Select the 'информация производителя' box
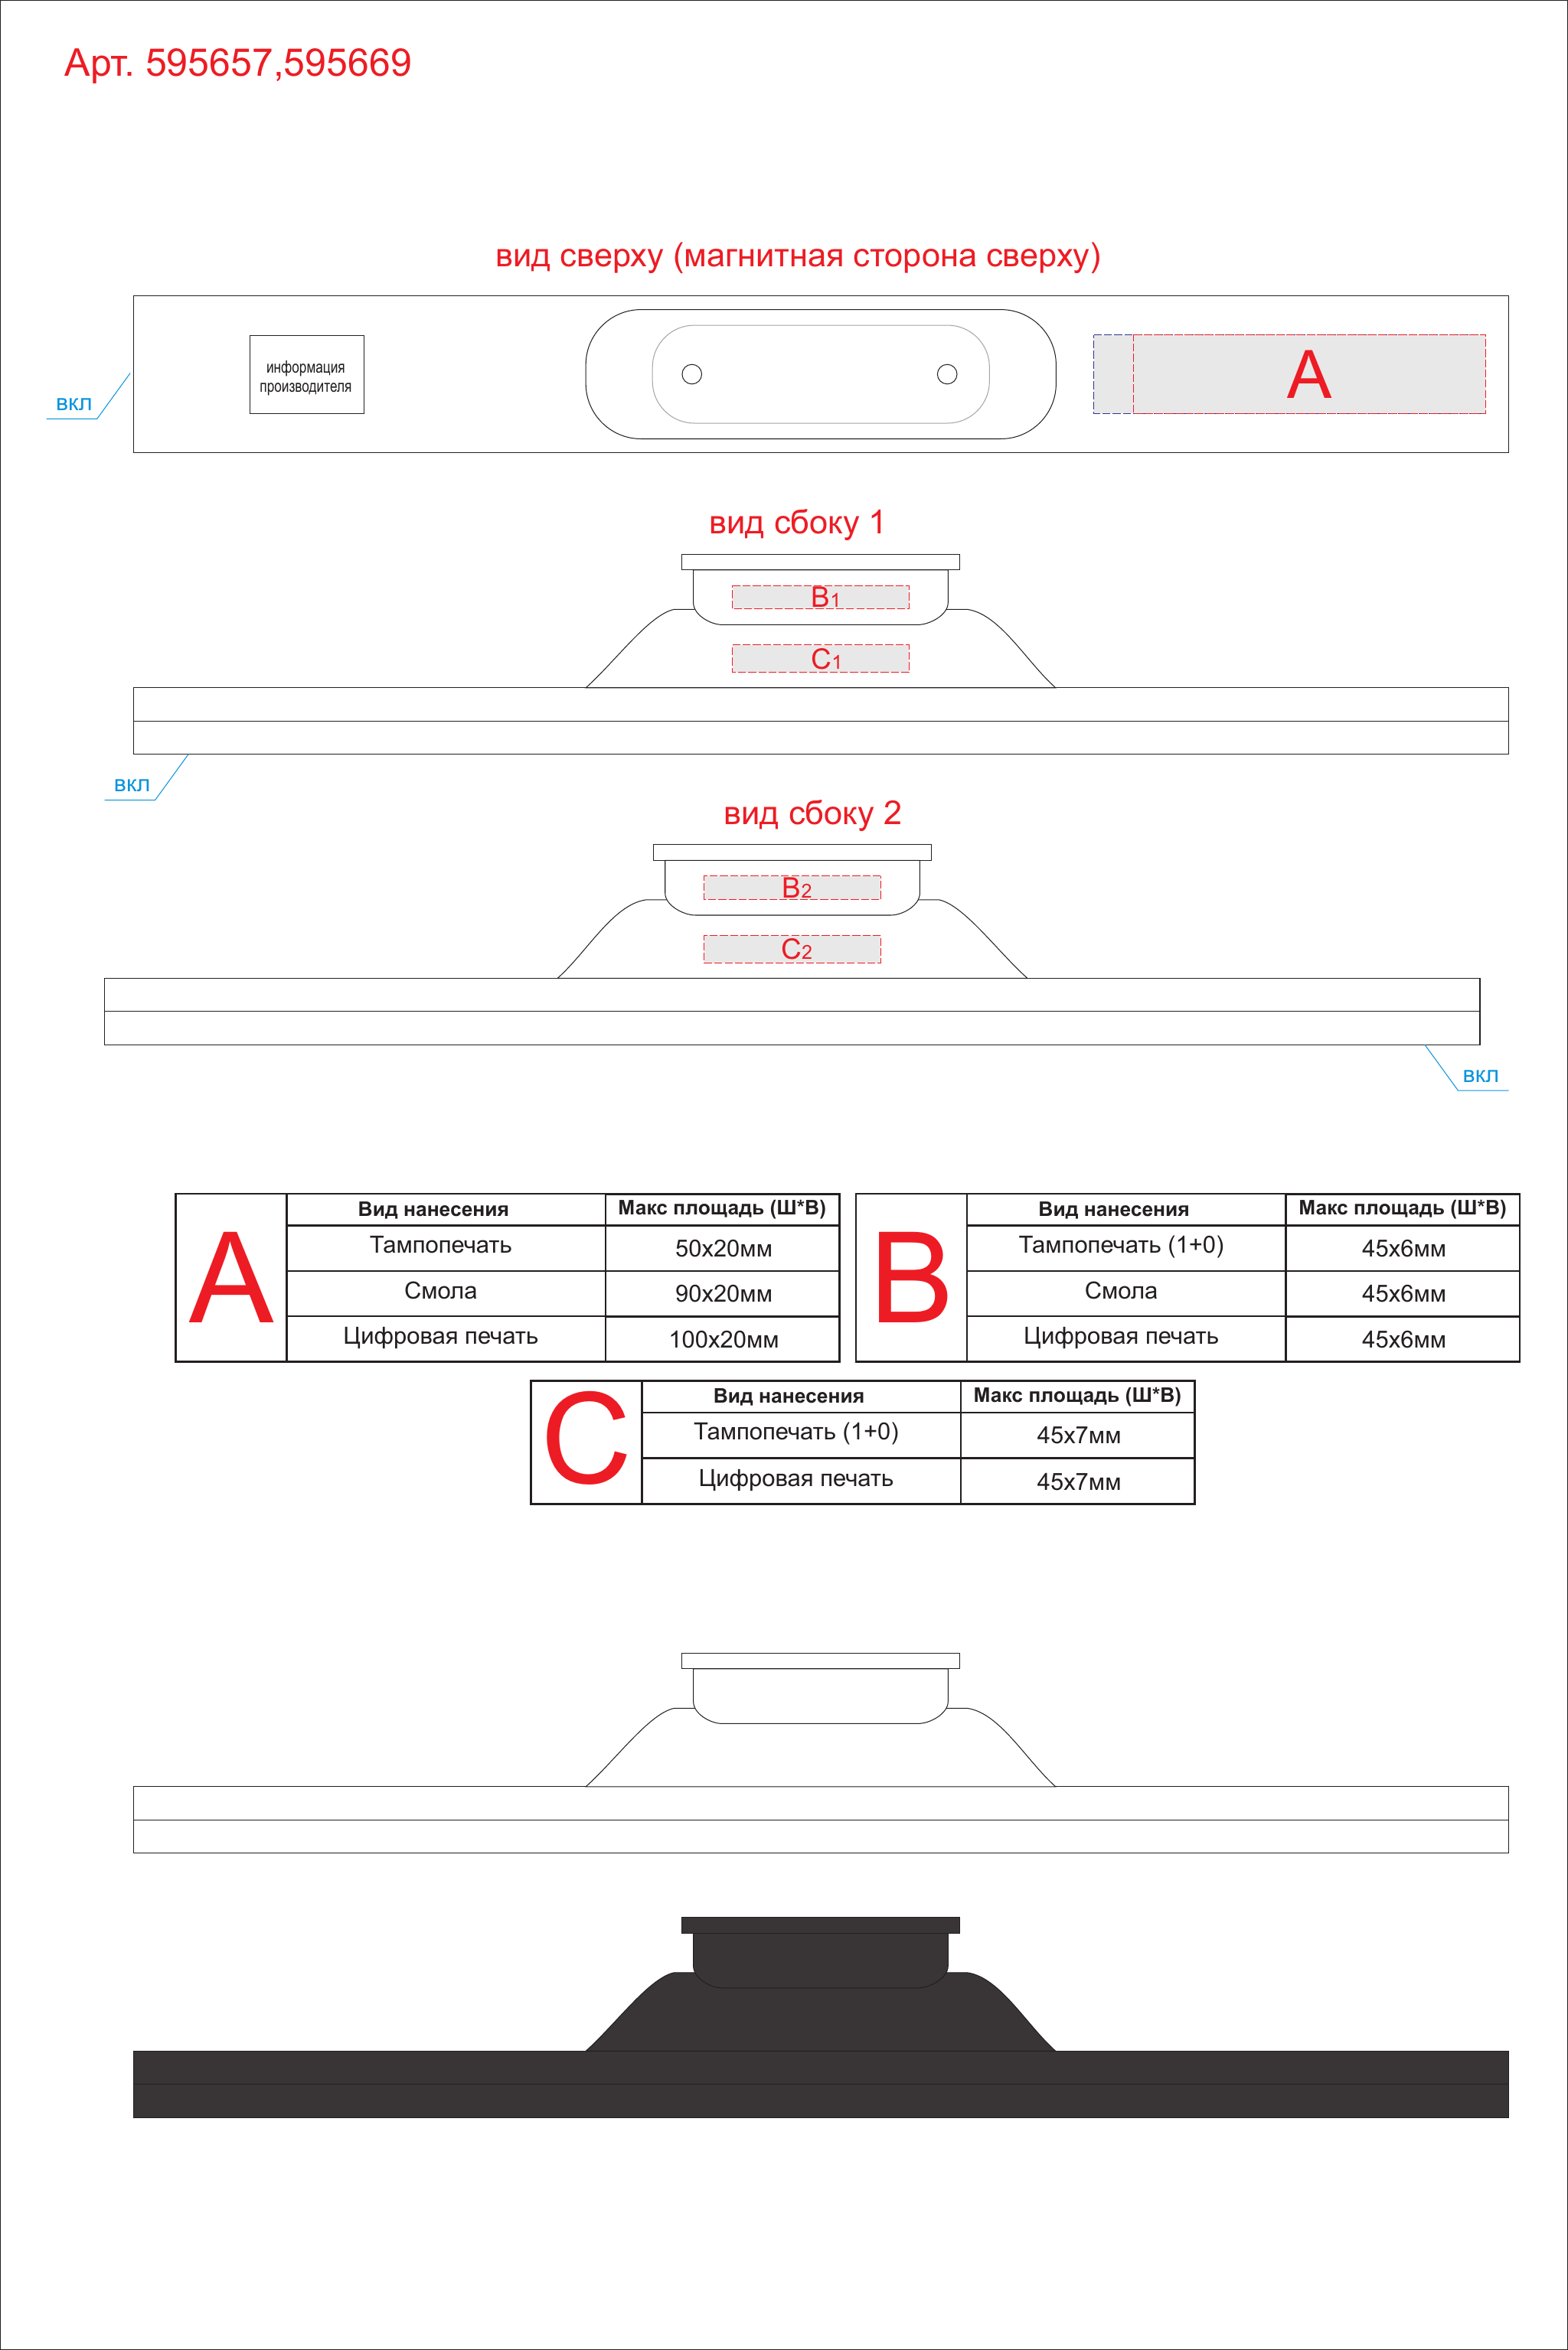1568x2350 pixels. [x=307, y=375]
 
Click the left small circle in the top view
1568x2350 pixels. [x=692, y=374]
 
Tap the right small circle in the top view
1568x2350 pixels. [x=947, y=374]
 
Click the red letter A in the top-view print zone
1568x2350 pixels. [x=1309, y=375]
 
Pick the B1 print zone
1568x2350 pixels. [x=821, y=597]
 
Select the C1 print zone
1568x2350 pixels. [x=821, y=659]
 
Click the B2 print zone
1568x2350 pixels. [x=792, y=888]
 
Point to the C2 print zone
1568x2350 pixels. [x=792, y=950]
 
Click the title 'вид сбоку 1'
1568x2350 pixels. [x=796, y=523]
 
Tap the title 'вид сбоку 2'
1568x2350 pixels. [x=812, y=813]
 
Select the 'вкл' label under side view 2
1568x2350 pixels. [x=1480, y=1076]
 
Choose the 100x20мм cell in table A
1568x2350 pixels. [x=723, y=1339]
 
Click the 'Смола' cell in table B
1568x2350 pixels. [x=1121, y=1292]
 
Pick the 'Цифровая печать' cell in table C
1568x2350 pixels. [x=796, y=1478]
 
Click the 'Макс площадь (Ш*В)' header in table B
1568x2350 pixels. [x=1402, y=1208]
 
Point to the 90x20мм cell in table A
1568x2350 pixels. [x=723, y=1293]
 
